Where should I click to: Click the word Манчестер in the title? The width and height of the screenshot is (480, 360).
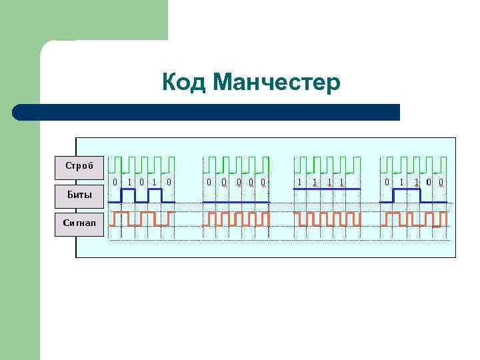277,83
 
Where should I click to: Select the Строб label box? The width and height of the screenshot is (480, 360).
79,166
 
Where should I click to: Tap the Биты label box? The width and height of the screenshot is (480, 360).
79,195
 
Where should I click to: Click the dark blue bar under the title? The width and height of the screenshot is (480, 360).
207,112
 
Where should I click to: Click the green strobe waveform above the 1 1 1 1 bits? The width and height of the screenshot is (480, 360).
327,164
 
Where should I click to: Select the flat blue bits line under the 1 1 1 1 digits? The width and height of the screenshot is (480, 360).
327,189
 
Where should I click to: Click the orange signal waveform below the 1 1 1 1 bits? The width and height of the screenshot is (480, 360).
327,219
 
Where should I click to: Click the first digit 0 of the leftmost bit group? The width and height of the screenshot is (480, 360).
115,181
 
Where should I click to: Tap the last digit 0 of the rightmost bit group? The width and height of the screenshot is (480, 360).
441,181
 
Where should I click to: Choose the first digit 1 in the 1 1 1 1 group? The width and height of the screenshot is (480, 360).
300,181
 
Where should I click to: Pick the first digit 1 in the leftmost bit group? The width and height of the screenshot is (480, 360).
129,181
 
